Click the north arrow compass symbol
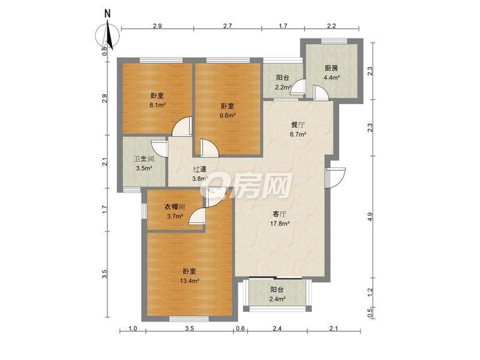pyautogui.click(x=108, y=36)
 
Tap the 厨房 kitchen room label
pyautogui.click(x=331, y=68)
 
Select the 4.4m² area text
pyautogui.click(x=332, y=77)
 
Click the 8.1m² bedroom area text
pyautogui.click(x=157, y=104)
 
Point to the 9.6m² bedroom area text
pyautogui.click(x=228, y=115)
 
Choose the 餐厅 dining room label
pyautogui.click(x=298, y=125)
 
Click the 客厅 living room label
pyautogui.click(x=280, y=214)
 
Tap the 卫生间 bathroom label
pyautogui.click(x=144, y=159)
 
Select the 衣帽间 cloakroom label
pyautogui.click(x=175, y=207)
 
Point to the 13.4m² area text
pyautogui.click(x=190, y=280)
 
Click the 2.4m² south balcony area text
pyautogui.click(x=278, y=298)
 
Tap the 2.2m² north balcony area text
pyautogui.click(x=283, y=87)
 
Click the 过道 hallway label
pyautogui.click(x=200, y=169)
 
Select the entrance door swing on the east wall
pyautogui.click(x=335, y=178)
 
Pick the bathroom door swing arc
pyautogui.click(x=159, y=149)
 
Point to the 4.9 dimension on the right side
pyautogui.click(x=371, y=217)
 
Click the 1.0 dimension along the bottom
pyautogui.click(x=133, y=329)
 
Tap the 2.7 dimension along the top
pyautogui.click(x=227, y=26)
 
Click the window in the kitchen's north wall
pyautogui.click(x=334, y=41)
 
